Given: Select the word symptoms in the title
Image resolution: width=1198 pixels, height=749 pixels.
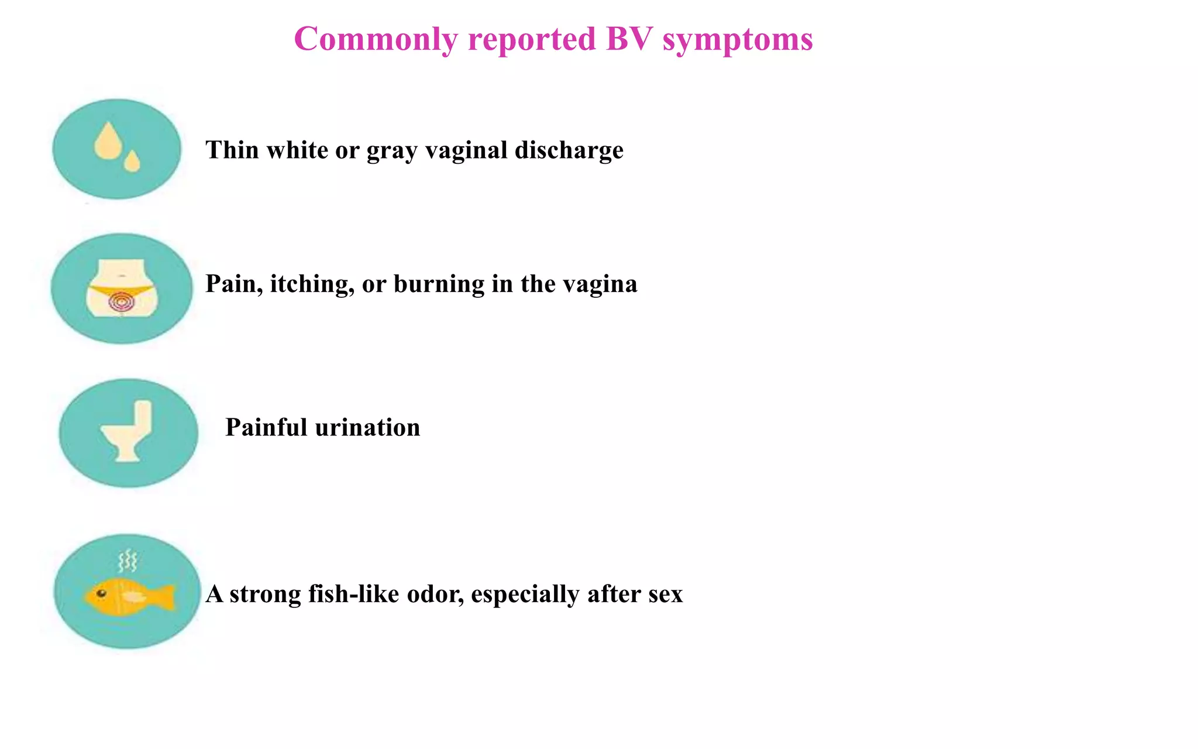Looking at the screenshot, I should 738,40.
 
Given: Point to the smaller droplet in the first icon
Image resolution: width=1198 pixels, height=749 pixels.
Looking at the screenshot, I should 132,162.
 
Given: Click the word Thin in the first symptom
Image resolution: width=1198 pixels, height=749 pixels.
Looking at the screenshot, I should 232,150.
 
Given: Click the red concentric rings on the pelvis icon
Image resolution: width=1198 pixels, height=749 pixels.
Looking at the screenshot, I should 122,302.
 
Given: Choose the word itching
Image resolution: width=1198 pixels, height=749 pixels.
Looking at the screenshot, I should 312,284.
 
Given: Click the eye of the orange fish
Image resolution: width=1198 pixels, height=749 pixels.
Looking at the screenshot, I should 101,593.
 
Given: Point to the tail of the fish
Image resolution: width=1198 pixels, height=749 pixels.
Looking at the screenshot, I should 165,597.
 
